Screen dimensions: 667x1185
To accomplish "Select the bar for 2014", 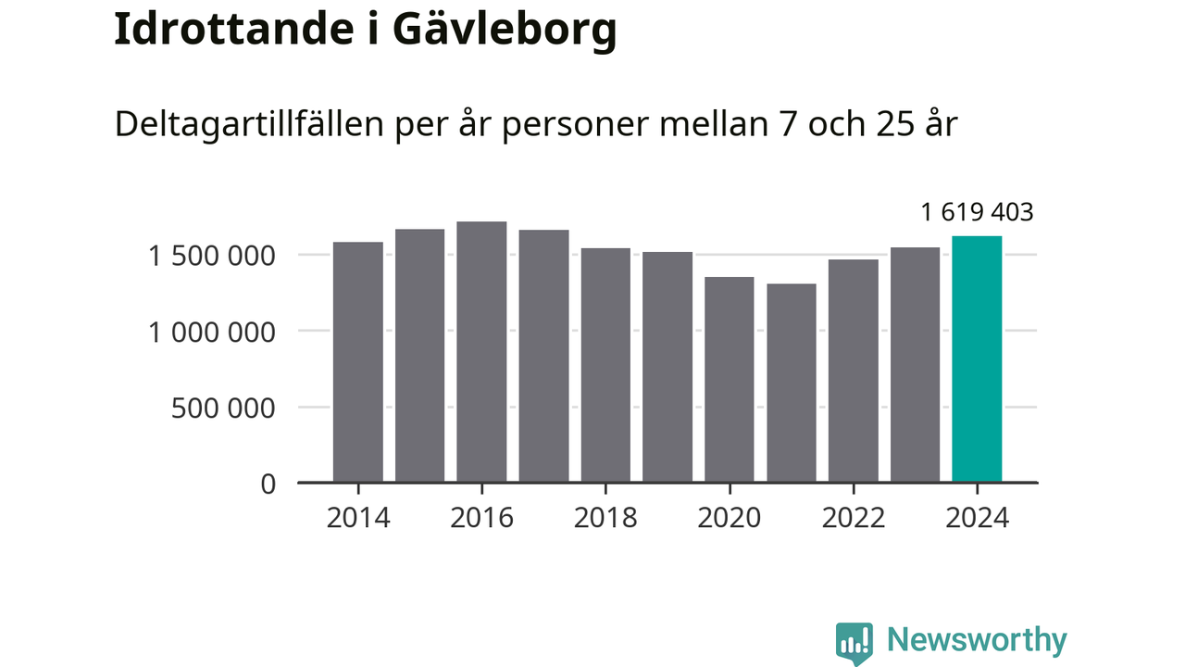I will tap(358, 362).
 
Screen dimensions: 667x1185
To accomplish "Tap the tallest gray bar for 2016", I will tap(481, 352).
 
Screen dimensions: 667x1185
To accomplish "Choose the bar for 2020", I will tap(730, 380).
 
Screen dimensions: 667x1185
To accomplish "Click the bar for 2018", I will tap(605, 365).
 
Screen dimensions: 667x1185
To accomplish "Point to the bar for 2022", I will tap(854, 371).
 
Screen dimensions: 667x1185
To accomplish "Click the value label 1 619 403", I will tap(977, 213).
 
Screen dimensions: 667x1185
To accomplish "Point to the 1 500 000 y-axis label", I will tap(212, 256).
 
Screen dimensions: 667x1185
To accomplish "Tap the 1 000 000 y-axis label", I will tap(212, 332).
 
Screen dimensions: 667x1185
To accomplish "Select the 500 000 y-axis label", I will tap(223, 408).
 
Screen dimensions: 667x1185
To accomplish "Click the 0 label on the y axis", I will tap(268, 484).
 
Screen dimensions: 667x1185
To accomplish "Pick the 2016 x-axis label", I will tap(481, 518).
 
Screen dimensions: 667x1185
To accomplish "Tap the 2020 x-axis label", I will tap(730, 518).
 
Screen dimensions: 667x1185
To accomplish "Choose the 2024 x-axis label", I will tap(977, 518).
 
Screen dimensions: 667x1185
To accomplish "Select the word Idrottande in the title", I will tap(233, 30).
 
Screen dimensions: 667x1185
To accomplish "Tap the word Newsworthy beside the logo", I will tap(977, 640).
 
